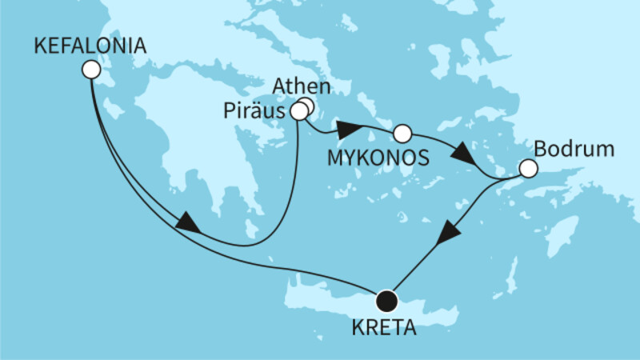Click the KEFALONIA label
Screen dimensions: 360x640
[90, 47]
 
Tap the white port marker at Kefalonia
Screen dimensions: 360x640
[90, 71]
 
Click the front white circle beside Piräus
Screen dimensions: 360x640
[298, 112]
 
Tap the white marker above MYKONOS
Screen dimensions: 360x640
[402, 133]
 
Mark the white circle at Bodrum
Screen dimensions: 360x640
[527, 169]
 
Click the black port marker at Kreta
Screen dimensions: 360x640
[387, 301]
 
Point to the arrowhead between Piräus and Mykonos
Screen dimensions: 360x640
[349, 129]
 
